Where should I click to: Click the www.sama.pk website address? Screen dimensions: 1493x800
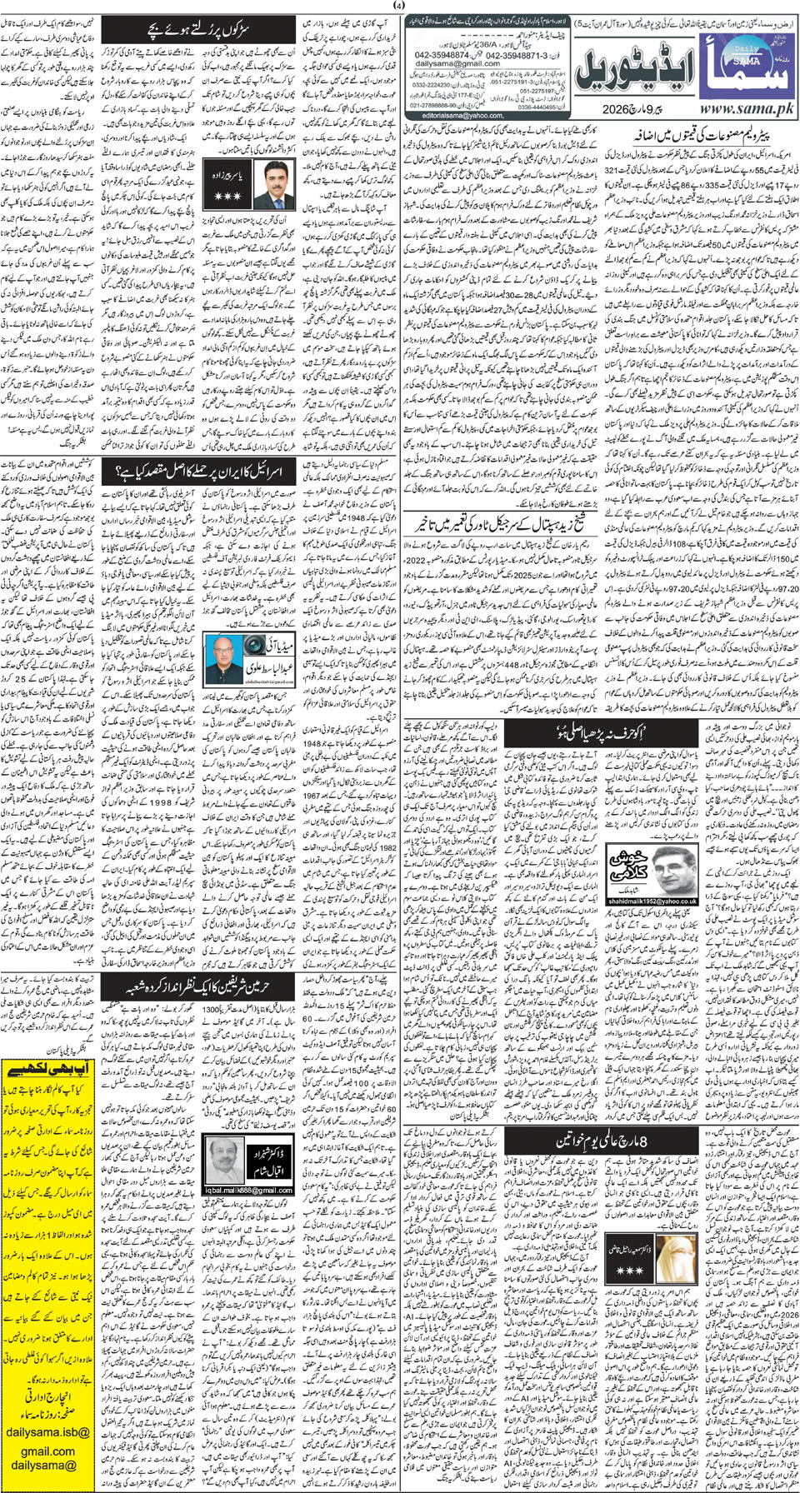pos(744,107)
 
